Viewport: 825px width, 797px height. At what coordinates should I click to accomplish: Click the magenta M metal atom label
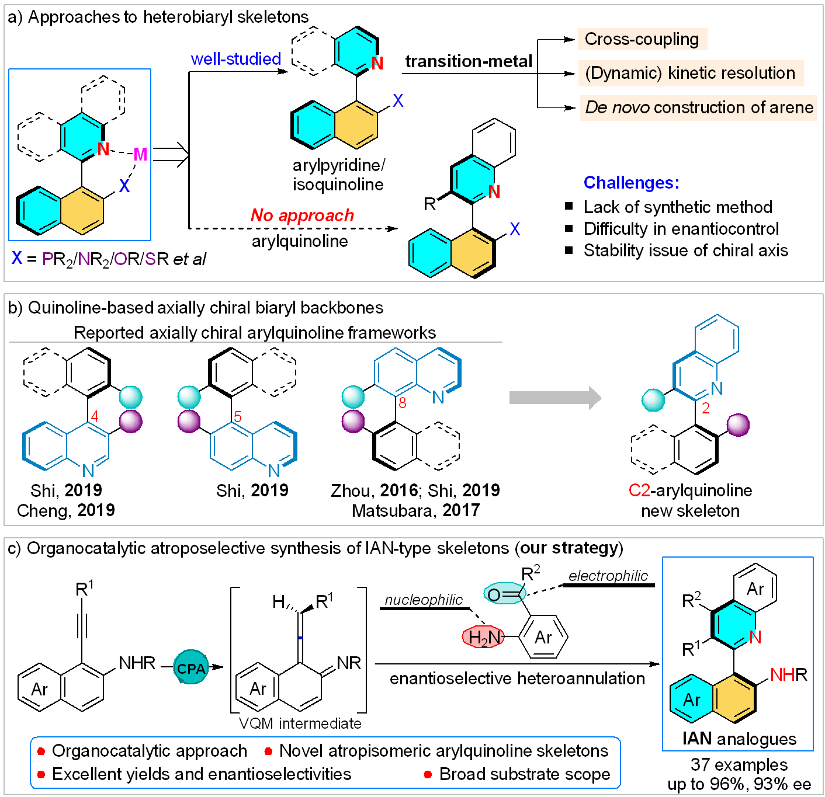point(140,154)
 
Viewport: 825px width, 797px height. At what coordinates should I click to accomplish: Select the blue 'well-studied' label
point(236,59)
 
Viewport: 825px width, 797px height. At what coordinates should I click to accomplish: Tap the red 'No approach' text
point(302,215)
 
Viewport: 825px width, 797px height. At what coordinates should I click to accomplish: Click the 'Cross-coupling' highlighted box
point(642,39)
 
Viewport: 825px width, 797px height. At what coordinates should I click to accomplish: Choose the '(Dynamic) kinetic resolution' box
point(690,73)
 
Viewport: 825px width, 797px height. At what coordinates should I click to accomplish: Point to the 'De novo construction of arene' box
point(699,107)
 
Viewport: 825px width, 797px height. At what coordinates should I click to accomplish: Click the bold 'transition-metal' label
point(469,61)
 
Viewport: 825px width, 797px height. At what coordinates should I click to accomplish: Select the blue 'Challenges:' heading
point(631,183)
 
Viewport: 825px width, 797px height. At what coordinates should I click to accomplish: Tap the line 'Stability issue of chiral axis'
point(685,250)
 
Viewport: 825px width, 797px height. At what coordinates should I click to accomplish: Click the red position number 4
point(95,416)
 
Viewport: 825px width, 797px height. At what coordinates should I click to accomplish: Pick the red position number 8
point(402,403)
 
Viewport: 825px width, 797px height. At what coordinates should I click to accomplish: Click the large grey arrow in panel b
point(555,398)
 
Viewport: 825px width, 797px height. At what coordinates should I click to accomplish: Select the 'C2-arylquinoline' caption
point(690,490)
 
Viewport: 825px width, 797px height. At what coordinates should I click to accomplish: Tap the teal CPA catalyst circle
point(191,668)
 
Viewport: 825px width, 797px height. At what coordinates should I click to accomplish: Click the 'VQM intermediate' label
point(300,723)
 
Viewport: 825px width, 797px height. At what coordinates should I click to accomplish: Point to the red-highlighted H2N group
point(483,637)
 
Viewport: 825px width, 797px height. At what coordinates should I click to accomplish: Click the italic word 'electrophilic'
point(608,576)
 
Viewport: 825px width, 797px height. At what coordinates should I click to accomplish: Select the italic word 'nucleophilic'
point(424,600)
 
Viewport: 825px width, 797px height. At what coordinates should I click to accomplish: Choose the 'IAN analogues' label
point(739,739)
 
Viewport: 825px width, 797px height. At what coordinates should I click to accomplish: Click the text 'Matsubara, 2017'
point(415,510)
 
